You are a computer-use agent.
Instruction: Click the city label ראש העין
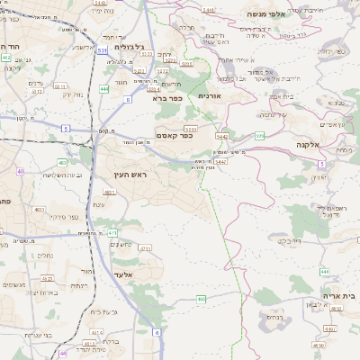131,174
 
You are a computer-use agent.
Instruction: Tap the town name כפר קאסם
175,136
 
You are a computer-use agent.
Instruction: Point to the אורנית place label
209,95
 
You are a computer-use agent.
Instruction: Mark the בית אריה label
338,295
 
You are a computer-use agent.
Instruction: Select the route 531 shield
102,51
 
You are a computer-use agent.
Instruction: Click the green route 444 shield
104,89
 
